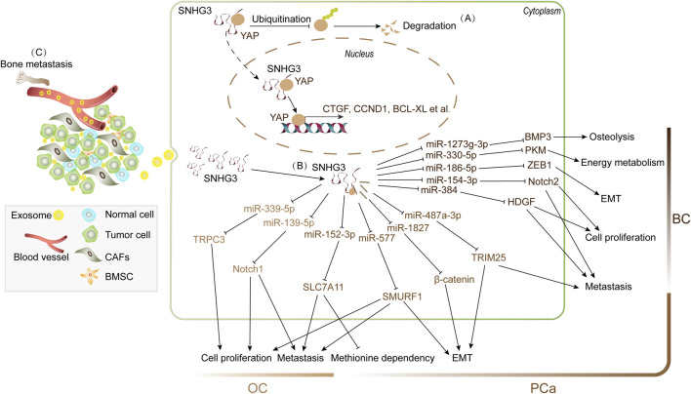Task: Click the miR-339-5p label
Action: coord(269,209)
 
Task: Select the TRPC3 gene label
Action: coord(209,240)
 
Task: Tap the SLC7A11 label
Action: coord(323,287)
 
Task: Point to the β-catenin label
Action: coord(455,279)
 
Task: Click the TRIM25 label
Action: coord(488,257)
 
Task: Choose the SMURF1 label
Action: coord(402,296)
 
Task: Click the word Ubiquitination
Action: coord(281,19)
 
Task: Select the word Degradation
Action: coord(429,25)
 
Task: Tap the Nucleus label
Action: coord(359,54)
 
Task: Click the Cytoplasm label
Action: coord(542,12)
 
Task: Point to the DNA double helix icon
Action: coord(314,127)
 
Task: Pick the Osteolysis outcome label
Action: coord(612,137)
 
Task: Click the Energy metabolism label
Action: coord(623,163)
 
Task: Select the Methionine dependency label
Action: coord(383,358)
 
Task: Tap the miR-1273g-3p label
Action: coord(457,144)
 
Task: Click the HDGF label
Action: coord(521,202)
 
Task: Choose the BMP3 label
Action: coord(538,137)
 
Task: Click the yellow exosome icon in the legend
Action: coord(59,215)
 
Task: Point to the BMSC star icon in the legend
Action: coord(90,277)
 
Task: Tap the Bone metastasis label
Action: coord(36,64)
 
